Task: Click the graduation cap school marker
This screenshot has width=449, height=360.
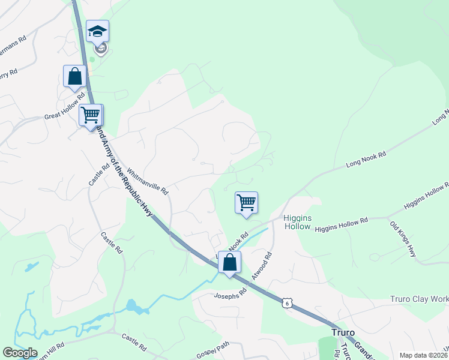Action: [x=97, y=32]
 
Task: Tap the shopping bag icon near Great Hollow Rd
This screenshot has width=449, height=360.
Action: [x=74, y=76]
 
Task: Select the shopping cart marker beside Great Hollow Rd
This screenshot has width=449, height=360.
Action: [x=91, y=115]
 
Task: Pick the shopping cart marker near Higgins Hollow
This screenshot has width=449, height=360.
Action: [x=246, y=203]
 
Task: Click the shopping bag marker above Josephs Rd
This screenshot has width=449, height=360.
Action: [x=229, y=262]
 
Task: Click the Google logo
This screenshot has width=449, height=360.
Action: [x=20, y=353]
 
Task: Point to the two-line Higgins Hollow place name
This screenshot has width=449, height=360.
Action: [x=297, y=222]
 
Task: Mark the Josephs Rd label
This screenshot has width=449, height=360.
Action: [x=231, y=295]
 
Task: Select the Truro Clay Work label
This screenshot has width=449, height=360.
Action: [x=419, y=299]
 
